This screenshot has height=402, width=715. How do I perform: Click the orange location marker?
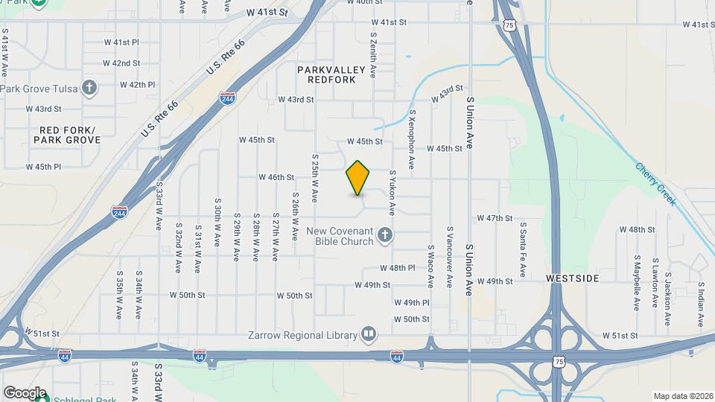(358, 178)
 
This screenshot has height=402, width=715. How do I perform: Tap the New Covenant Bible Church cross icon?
(385, 236)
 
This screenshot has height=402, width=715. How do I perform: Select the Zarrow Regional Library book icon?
(369, 334)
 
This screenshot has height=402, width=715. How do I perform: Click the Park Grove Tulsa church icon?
(89, 89)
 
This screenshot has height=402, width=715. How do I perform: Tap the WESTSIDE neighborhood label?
(572, 278)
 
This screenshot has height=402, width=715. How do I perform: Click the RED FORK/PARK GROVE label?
(66, 135)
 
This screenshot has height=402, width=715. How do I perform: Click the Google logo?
(25, 392)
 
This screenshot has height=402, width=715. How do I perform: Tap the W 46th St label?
(277, 177)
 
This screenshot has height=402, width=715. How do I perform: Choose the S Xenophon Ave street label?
(412, 132)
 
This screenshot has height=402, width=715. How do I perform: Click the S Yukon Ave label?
(393, 192)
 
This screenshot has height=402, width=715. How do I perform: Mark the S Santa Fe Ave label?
(523, 250)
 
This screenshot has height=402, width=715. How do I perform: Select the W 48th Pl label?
(397, 268)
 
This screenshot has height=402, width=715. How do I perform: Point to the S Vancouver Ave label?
(450, 257)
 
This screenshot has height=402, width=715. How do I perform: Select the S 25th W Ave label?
(315, 179)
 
